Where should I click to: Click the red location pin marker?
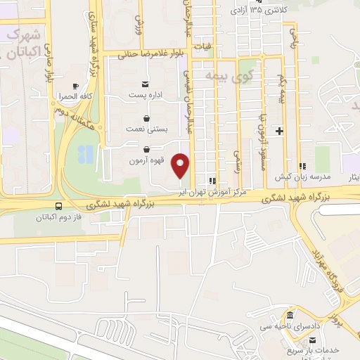tap(181, 165)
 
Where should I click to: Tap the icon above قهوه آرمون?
tap(146, 150)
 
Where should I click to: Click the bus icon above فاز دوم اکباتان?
tap(58, 207)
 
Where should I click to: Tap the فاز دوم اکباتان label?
tap(59, 218)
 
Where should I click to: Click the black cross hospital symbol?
tap(279, 131)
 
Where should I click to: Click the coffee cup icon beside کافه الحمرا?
tap(76, 85)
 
